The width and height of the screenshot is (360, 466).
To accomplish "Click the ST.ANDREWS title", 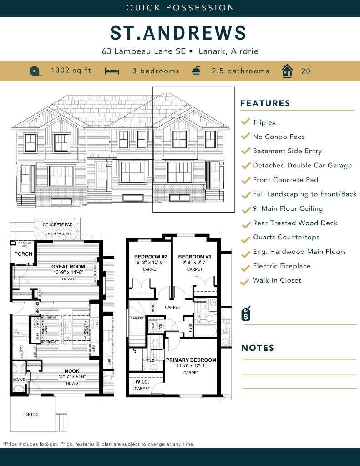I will (178, 33).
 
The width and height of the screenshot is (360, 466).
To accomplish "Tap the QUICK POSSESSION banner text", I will (180, 8).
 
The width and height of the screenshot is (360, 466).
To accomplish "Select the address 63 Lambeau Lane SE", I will (144, 51).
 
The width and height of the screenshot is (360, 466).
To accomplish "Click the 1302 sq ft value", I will (71, 71).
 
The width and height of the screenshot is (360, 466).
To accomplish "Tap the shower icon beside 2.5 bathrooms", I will (196, 71).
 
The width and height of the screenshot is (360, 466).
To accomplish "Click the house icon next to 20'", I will (287, 71).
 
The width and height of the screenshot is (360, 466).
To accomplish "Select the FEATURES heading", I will (265, 103).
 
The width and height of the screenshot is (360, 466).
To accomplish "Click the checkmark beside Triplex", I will (245, 122).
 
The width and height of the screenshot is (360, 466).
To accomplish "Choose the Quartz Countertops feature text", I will (286, 237).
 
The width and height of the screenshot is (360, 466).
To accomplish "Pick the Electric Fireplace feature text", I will (281, 266).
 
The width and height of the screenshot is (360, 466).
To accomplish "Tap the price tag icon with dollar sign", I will (246, 313).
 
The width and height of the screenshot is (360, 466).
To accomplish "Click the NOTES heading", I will (258, 348).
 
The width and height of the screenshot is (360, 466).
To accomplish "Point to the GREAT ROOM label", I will (68, 267).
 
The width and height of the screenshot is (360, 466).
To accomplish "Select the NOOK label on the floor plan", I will (71, 371).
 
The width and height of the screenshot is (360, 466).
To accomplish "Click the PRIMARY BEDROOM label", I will (191, 360).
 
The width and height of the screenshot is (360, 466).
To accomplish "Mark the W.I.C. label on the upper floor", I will (142, 382).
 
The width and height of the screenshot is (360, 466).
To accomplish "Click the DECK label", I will (31, 415).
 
